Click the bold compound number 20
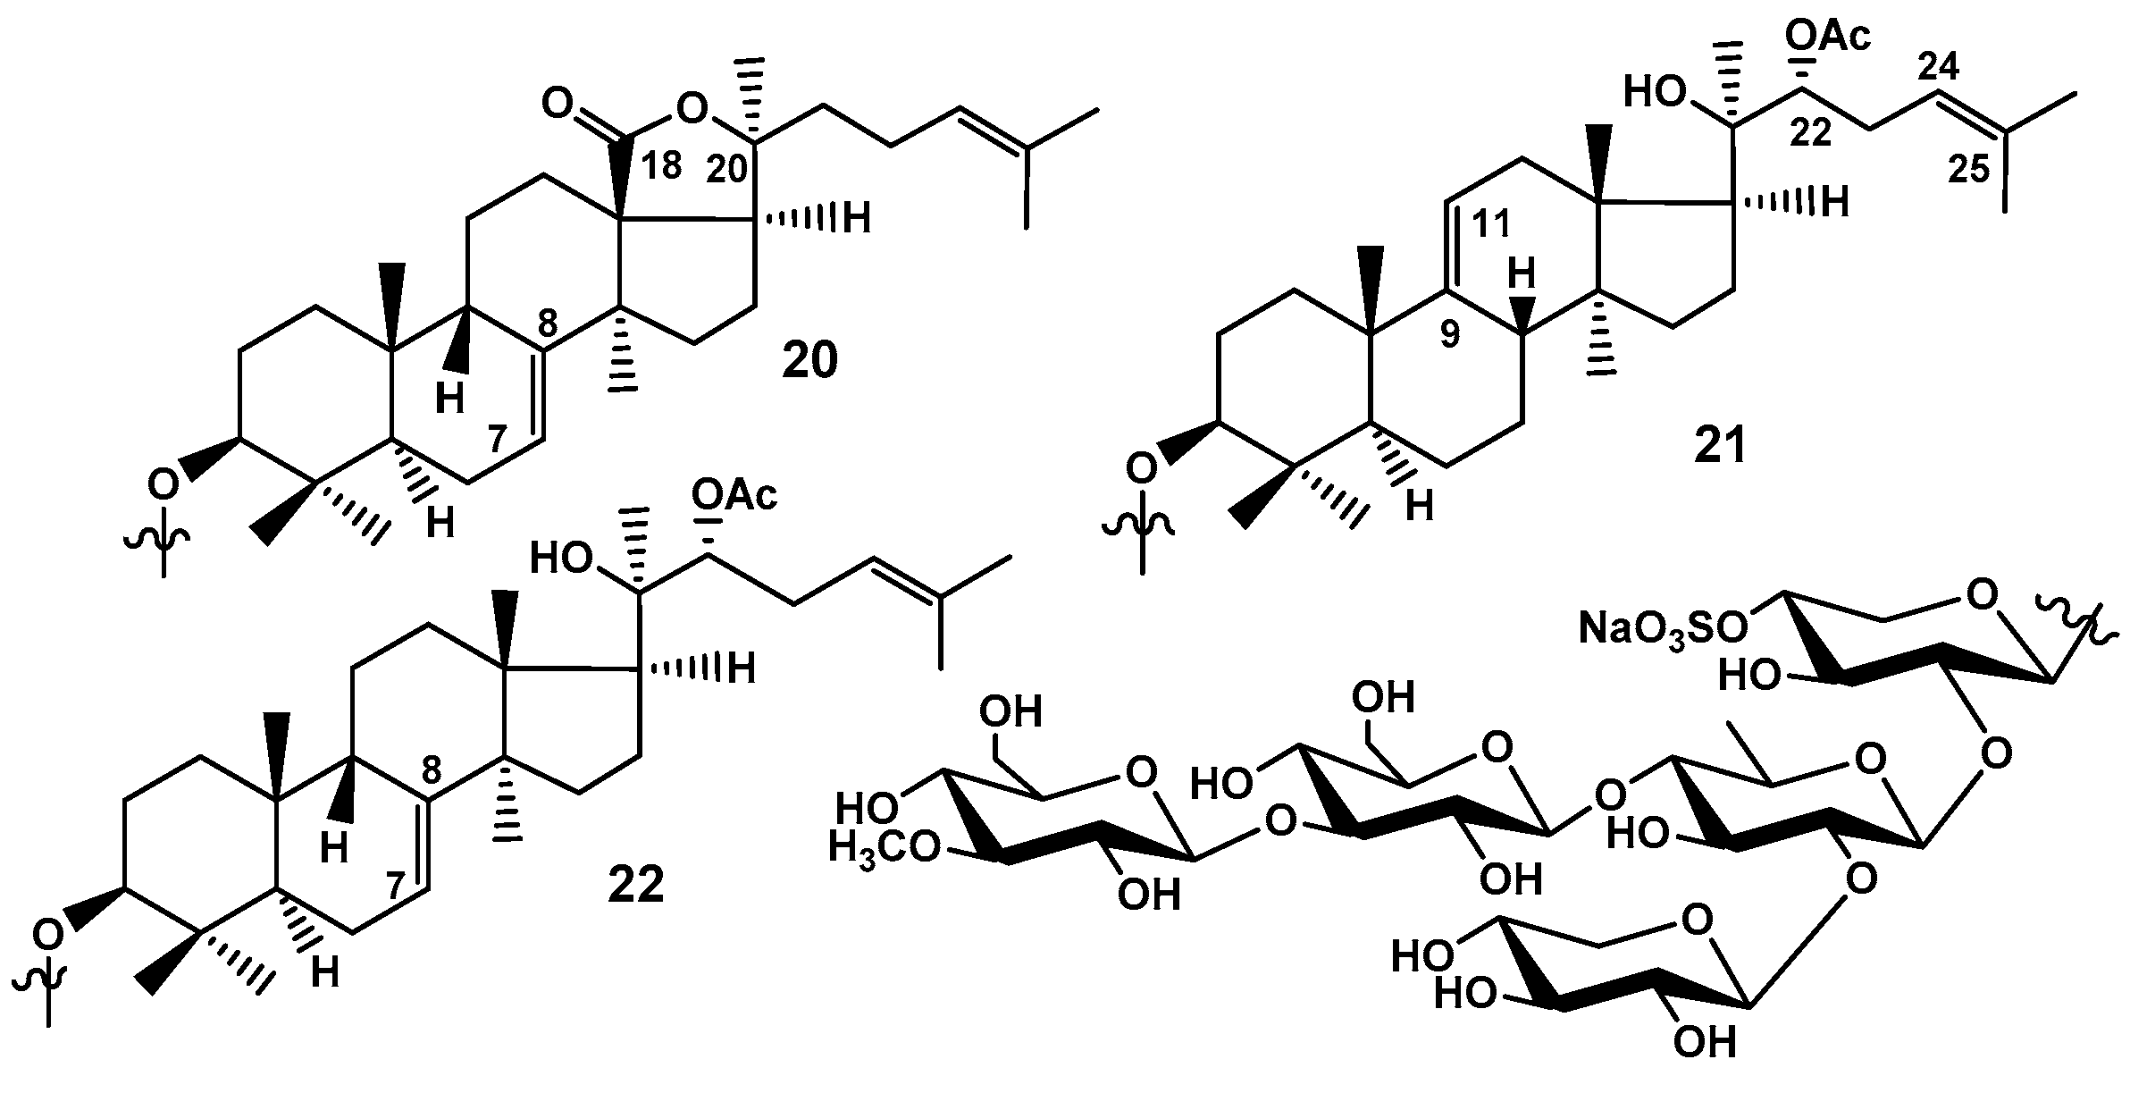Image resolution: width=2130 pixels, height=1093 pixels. (810, 361)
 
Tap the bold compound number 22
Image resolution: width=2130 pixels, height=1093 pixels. (636, 886)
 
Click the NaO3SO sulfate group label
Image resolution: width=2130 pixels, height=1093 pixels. (1663, 628)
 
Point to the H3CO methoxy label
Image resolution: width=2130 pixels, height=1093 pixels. (885, 846)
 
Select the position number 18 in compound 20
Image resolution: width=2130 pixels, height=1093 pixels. (661, 165)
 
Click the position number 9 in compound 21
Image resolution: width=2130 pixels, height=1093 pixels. (1449, 335)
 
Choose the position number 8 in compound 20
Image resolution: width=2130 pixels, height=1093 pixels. (547, 322)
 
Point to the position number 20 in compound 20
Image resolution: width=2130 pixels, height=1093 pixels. (726, 168)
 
